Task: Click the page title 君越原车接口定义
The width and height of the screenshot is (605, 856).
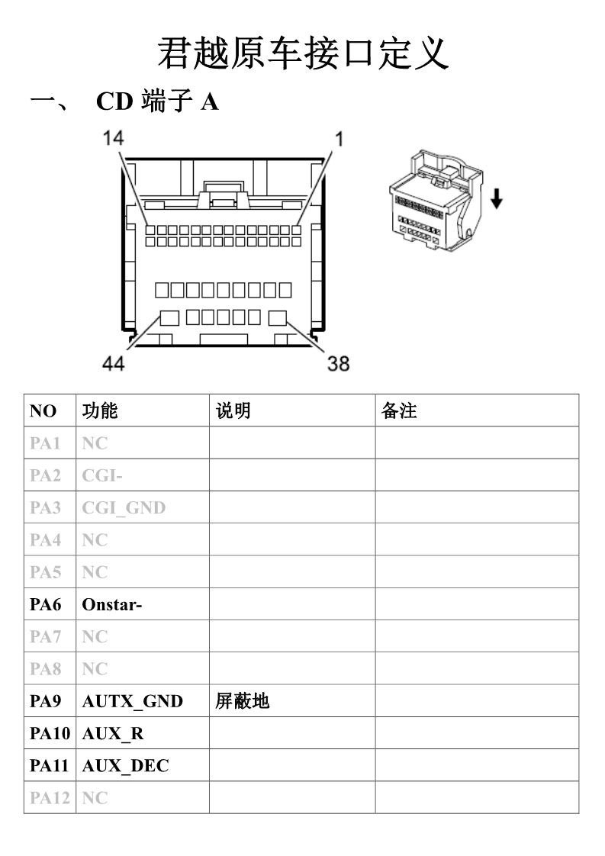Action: [x=303, y=54]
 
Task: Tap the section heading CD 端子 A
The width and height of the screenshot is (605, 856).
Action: [x=157, y=101]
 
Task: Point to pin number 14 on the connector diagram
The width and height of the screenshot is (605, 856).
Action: [x=113, y=138]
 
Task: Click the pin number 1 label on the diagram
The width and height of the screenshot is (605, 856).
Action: [x=339, y=139]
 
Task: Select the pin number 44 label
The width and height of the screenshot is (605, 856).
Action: [x=113, y=363]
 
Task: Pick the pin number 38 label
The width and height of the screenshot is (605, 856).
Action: [x=338, y=364]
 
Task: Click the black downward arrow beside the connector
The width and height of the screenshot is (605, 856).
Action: [x=497, y=198]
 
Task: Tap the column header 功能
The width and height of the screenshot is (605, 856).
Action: [x=100, y=410]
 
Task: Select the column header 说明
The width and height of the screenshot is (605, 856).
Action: [x=233, y=410]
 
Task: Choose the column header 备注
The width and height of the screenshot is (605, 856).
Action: [x=399, y=410]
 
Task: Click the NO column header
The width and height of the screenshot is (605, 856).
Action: [x=43, y=411]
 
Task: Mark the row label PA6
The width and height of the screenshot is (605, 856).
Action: [x=45, y=604]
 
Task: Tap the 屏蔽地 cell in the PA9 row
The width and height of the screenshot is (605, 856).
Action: [x=242, y=701]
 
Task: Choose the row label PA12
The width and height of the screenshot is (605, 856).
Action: [x=50, y=797]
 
